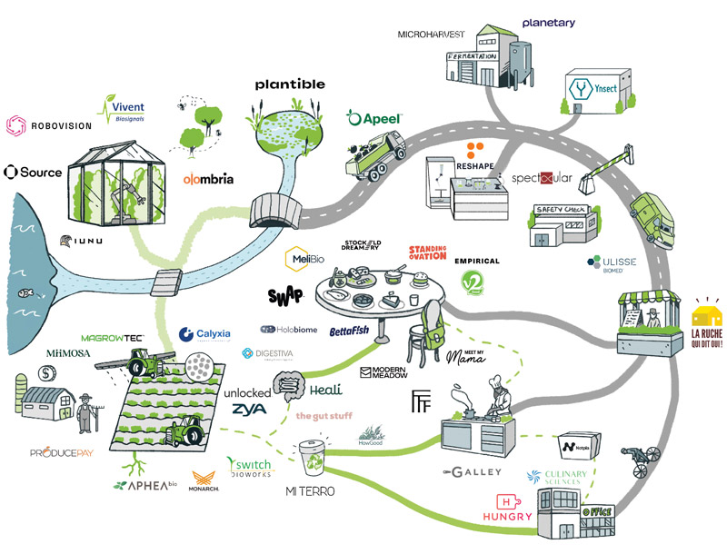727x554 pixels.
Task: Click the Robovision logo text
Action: pyautogui.click(x=59, y=129)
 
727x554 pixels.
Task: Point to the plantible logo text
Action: pyautogui.click(x=290, y=84)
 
